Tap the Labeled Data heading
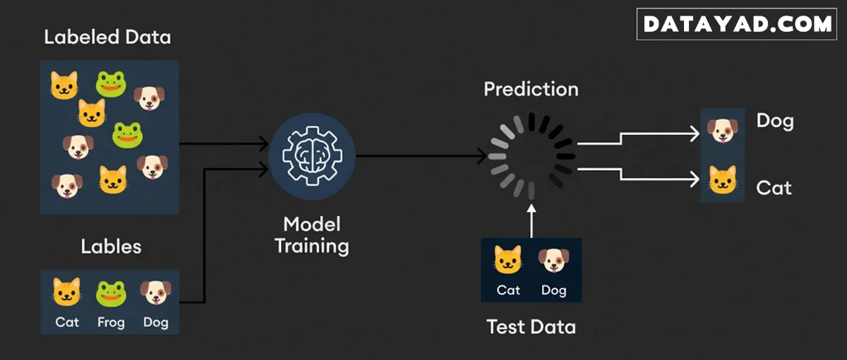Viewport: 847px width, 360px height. [107, 37]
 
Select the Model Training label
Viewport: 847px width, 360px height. [311, 235]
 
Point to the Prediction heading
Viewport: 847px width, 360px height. [531, 90]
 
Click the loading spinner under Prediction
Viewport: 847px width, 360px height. [531, 155]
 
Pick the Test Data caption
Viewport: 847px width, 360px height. [531, 327]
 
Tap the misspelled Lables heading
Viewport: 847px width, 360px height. [111, 246]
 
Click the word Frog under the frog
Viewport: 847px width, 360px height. [111, 323]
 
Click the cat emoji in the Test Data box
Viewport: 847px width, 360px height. [508, 260]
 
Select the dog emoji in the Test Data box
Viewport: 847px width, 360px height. [553, 260]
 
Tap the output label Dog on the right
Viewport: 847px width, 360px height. [774, 121]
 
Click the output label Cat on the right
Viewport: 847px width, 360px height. [774, 188]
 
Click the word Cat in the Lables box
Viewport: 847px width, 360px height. [67, 323]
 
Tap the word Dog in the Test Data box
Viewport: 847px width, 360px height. [553, 290]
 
